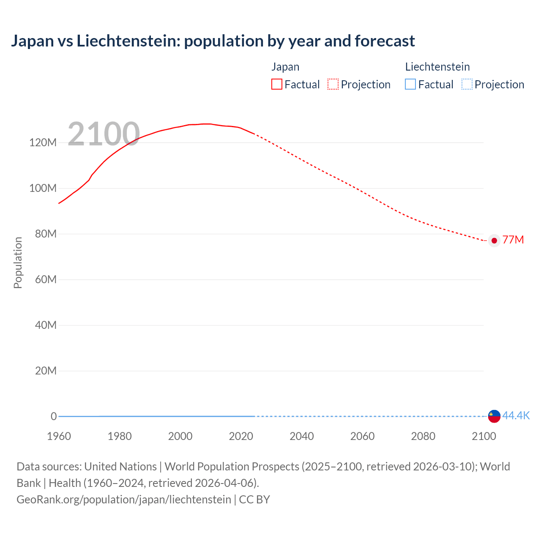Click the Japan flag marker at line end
click(x=494, y=240)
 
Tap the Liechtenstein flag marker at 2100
click(x=494, y=416)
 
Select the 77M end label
click(x=513, y=240)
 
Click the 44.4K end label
click(x=516, y=416)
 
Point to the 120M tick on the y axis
click(x=43, y=142)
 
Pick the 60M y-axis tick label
click(x=45, y=279)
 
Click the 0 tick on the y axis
click(x=54, y=416)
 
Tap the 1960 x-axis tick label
click(x=59, y=436)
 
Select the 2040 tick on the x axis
click(x=301, y=436)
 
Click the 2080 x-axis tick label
click(x=423, y=436)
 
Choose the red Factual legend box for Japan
click(x=277, y=85)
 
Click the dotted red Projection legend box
click(x=333, y=85)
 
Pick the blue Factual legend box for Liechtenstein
click(x=410, y=85)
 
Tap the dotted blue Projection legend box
click(x=467, y=85)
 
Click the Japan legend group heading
click(x=285, y=67)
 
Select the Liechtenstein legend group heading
click(x=437, y=67)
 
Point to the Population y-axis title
click(x=18, y=262)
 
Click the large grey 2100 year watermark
click(x=104, y=134)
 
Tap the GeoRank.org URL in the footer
click(x=124, y=500)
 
